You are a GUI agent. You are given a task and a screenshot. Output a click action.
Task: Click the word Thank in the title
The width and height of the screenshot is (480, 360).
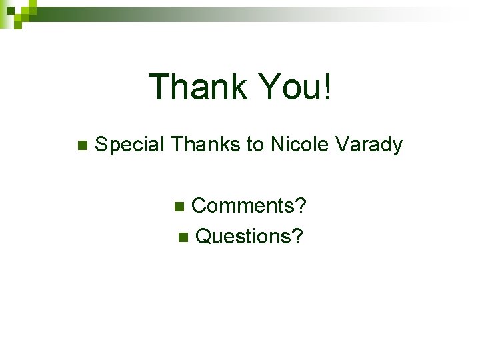[x=197, y=87]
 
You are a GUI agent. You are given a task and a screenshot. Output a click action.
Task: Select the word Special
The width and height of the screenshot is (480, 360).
[x=130, y=145]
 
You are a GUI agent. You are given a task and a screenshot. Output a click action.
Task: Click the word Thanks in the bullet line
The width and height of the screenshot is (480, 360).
[x=206, y=144]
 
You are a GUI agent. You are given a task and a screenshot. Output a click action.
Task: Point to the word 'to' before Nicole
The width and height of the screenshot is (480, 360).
[x=257, y=145]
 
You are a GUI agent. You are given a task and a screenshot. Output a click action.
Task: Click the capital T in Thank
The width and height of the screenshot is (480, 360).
[x=160, y=87]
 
